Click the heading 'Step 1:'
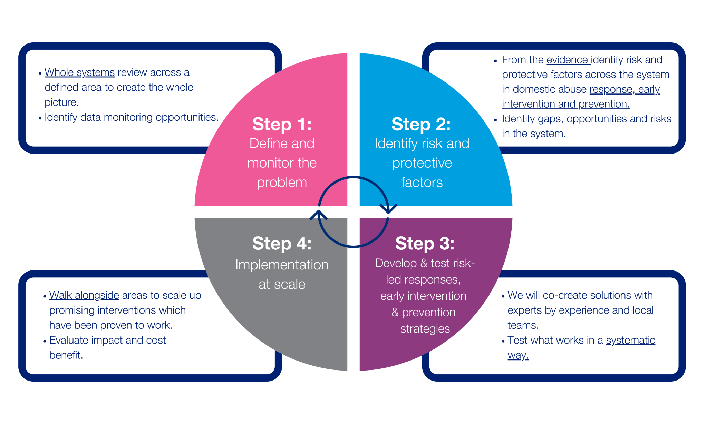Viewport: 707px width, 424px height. [282, 124]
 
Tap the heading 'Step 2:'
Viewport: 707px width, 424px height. [421, 124]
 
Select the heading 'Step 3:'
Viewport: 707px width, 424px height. [425, 244]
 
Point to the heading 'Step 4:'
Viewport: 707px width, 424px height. [282, 244]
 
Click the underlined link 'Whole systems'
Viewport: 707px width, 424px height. [79, 72]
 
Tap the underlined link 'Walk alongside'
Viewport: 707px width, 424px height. [84, 295]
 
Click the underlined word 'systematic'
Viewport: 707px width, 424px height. [630, 340]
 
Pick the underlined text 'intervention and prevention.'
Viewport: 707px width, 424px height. [565, 104]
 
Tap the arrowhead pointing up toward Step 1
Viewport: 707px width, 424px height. [318, 215]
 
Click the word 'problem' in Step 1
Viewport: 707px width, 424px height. [282, 183]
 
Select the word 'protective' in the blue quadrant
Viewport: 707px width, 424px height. [422, 163]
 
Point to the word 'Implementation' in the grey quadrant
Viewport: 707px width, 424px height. [282, 265]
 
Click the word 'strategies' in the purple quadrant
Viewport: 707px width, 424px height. [425, 329]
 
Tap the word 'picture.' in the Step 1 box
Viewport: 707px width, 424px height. [61, 102]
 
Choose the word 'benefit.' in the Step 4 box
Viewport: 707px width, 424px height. [66, 355]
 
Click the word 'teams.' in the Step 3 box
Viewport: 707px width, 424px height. [523, 325]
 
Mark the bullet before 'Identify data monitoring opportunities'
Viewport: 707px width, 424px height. [40, 118]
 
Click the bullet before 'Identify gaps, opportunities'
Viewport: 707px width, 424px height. [495, 120]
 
